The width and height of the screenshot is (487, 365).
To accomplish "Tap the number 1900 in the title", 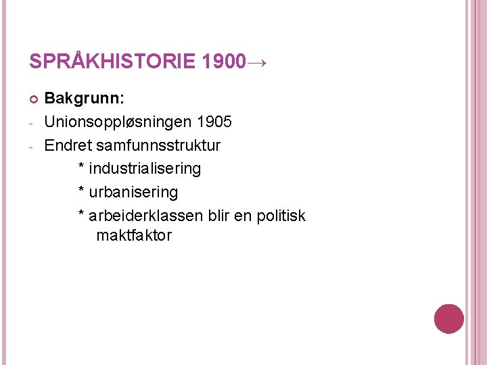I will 223,62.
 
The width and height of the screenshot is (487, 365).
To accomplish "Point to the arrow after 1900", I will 258,63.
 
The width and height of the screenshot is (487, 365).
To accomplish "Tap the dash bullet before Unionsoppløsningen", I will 32,124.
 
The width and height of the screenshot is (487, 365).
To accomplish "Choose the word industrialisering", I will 145,168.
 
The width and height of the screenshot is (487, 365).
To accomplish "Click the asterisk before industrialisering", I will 82,166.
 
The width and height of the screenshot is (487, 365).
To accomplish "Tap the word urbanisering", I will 133,192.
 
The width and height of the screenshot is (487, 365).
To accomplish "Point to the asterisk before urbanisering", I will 82,190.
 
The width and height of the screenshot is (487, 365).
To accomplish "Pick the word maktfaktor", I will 134,236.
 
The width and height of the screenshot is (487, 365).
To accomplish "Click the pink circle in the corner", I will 448,319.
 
